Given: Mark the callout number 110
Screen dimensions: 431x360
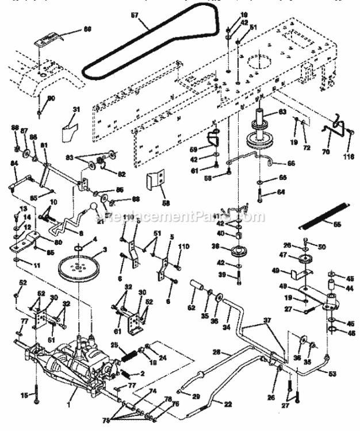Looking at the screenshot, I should [x=184, y=246].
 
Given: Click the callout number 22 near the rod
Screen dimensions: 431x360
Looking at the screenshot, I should [x=228, y=405].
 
